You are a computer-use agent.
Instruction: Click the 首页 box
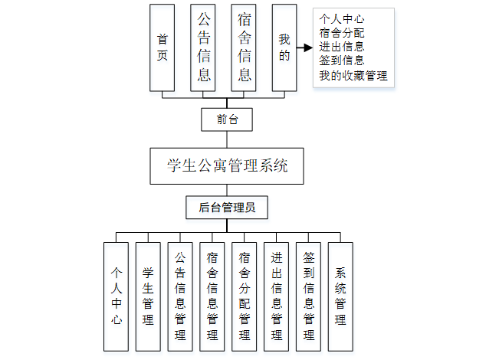point(163,47)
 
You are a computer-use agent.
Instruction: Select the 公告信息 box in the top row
point(204,47)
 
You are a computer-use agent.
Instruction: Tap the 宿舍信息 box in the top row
point(245,47)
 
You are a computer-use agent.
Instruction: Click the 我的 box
point(284,47)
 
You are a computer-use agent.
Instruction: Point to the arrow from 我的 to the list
point(305,47)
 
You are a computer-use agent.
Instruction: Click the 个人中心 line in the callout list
point(341,20)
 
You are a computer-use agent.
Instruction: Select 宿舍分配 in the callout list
point(341,34)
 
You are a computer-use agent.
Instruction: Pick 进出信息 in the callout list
point(341,47)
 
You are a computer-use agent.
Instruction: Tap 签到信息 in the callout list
point(341,61)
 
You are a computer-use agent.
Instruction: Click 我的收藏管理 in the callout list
point(353,75)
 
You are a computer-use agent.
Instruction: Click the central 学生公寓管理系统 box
point(227,165)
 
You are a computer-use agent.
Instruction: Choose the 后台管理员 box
point(227,207)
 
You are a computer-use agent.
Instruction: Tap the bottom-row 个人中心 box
point(117,296)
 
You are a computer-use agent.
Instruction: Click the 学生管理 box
point(148,296)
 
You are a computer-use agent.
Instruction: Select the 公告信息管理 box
point(180,296)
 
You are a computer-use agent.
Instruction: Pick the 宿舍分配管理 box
point(245,296)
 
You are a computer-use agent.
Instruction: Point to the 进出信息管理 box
point(277,296)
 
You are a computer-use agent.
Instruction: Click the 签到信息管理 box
point(309,296)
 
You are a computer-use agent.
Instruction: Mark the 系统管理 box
point(340,296)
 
